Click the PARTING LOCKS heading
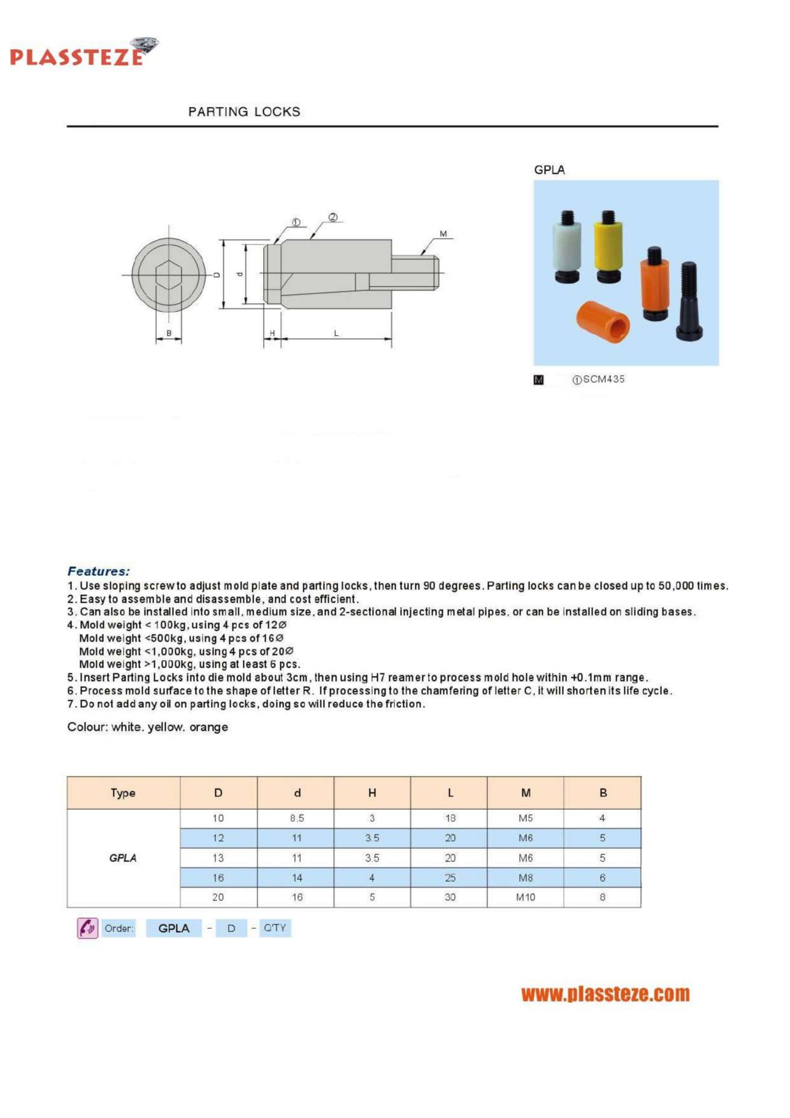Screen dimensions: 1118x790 coord(244,111)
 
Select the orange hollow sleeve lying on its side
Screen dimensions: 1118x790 coord(603,321)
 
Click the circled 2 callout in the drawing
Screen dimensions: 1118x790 coord(333,218)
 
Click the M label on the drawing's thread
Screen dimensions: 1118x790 coord(443,234)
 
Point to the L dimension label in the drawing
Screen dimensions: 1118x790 coord(336,333)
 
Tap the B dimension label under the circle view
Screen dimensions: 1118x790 coord(169,333)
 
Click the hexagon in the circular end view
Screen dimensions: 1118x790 coord(169,275)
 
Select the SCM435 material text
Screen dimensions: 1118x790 coord(603,379)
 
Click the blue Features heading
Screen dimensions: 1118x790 coord(99,571)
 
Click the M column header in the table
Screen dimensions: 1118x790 coord(526,792)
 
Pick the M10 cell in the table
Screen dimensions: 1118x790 coord(526,897)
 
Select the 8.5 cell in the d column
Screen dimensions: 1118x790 coord(297,818)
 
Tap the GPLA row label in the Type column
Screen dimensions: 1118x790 coord(123,858)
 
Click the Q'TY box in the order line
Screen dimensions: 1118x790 coord(275,928)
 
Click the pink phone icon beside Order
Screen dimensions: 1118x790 coord(87,928)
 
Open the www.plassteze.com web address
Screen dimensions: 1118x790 coord(605,994)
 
